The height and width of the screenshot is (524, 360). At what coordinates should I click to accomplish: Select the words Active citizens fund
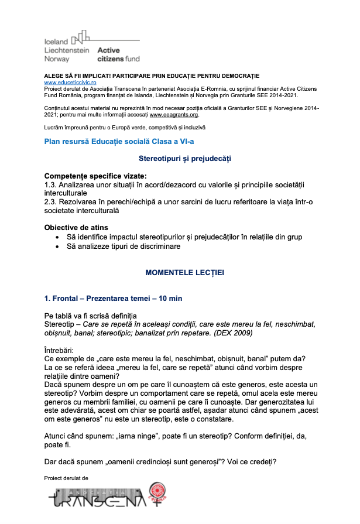[x=118, y=54]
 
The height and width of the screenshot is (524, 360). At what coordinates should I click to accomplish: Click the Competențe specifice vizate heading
[x=95, y=176]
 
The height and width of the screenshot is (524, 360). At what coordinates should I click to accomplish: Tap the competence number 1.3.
[x=51, y=184]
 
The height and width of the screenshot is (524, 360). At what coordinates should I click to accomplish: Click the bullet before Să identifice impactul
[x=56, y=237]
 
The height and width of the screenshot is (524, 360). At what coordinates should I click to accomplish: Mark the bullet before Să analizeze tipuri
[x=56, y=246]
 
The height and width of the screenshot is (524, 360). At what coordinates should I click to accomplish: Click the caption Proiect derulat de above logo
[x=66, y=478]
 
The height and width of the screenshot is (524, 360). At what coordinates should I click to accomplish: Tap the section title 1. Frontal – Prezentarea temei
[x=113, y=299]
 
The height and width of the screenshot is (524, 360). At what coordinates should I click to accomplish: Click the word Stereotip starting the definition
[x=60, y=324]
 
